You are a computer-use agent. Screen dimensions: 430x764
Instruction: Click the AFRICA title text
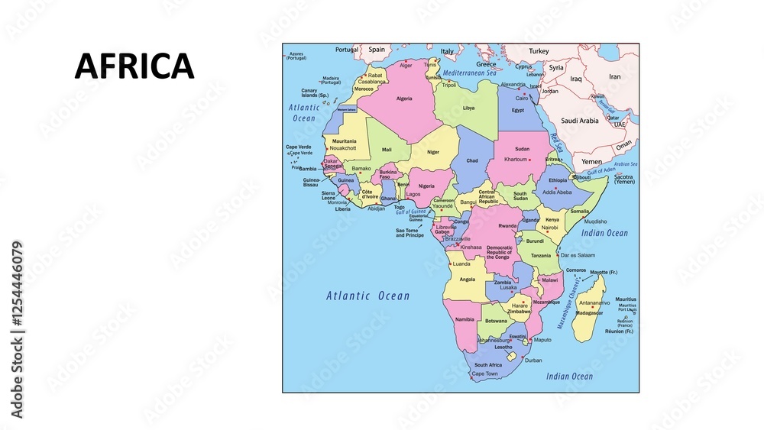coord(134,66)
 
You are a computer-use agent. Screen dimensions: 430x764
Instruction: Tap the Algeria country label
coord(404,99)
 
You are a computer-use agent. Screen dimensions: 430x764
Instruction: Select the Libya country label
coord(468,108)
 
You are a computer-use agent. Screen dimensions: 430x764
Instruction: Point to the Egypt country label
coord(517,110)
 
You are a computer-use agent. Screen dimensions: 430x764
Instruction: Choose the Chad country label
coord(472,161)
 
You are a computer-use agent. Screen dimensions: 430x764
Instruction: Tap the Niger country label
coord(433,152)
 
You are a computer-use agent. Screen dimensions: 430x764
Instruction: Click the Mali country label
coord(387,150)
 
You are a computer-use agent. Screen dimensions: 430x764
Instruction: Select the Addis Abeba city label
coord(556,192)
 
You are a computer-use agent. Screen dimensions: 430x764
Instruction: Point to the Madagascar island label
coord(590,313)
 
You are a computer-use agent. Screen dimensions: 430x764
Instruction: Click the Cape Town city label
coord(484,374)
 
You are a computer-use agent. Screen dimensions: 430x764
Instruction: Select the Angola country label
coord(467,280)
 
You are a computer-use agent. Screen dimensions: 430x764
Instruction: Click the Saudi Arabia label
coord(580,121)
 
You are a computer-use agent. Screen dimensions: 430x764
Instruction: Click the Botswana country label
coord(496,321)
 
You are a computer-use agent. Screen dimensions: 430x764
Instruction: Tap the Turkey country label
coord(539,51)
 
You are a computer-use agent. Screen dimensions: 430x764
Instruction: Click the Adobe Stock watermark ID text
coord(18,331)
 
